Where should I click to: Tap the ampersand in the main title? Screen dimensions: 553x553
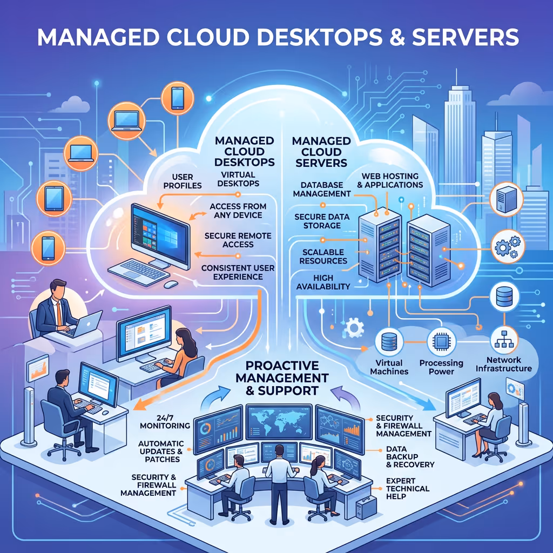click(x=397, y=37)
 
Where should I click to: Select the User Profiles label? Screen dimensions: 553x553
click(x=183, y=181)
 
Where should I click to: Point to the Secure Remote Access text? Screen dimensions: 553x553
click(x=238, y=240)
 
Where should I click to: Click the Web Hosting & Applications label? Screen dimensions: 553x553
click(x=390, y=180)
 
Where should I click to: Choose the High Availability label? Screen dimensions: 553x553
click(x=323, y=282)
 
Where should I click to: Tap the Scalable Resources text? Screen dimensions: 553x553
click(x=323, y=257)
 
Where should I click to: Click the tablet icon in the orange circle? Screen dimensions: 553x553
click(x=54, y=199)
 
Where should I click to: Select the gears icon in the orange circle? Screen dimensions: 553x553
click(x=508, y=246)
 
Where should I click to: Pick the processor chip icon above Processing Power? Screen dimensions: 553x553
click(x=441, y=341)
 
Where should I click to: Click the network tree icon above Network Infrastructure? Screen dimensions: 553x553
click(x=504, y=340)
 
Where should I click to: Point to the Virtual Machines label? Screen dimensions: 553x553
click(x=389, y=367)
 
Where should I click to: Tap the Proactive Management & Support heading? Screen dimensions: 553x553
click(x=282, y=377)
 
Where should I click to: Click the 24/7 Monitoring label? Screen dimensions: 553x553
click(x=165, y=421)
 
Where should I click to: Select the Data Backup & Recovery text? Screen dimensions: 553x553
click(x=410, y=457)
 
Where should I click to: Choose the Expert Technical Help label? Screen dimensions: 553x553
click(x=407, y=488)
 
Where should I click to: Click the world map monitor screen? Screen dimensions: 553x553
click(x=279, y=422)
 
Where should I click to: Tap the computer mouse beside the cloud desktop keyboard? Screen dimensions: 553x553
click(x=171, y=284)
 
